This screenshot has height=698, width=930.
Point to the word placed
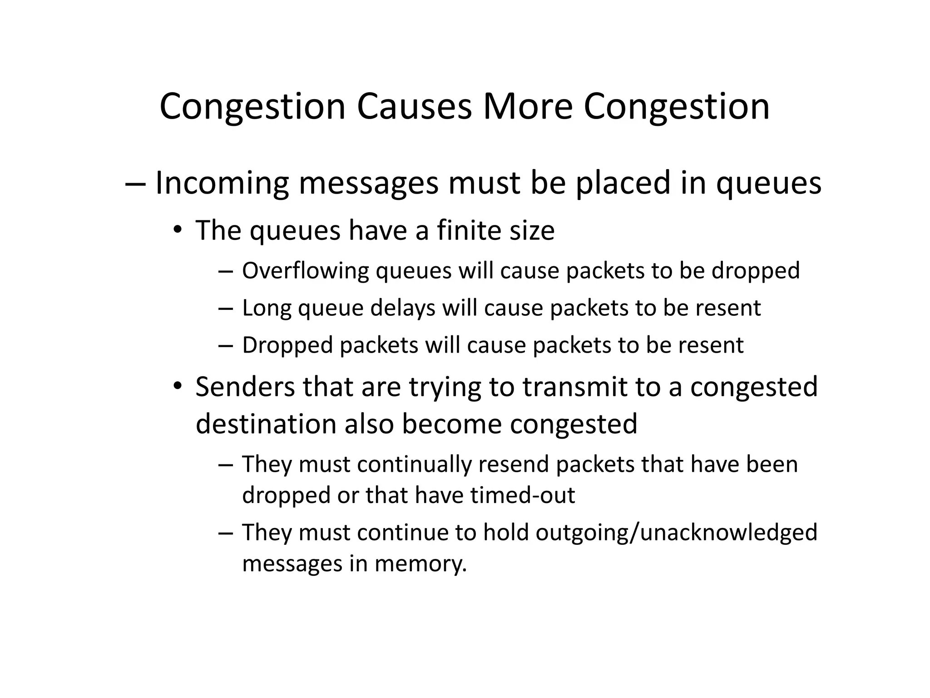pos(623,183)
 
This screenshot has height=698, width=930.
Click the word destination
pos(266,424)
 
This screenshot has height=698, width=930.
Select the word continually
pos(414,465)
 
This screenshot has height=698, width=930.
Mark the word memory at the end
pos(421,564)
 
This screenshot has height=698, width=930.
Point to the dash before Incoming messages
pos(135,184)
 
